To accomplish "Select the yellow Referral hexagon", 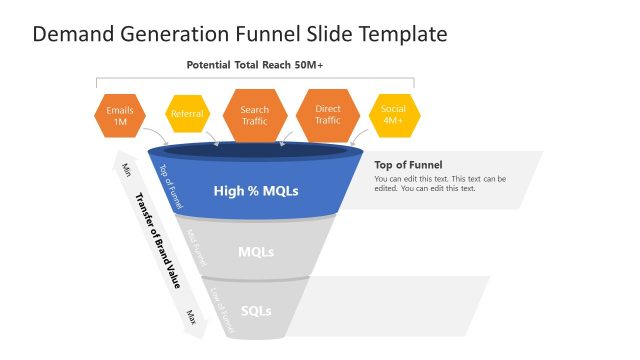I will tap(187, 114).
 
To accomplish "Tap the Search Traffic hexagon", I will tap(255, 115).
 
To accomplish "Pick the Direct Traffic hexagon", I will tap(328, 115).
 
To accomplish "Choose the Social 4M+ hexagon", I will tap(393, 115).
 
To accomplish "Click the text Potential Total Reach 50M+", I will tap(254, 65).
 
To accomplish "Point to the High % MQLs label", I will tap(256, 190).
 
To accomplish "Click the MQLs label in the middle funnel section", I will tap(256, 251).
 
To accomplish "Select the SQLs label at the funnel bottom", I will tap(256, 310).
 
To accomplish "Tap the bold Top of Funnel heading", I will tap(408, 165).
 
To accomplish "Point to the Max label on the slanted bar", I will tap(190, 316).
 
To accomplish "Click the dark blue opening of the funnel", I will tap(256, 151).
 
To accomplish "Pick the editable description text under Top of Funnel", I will tap(440, 183).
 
